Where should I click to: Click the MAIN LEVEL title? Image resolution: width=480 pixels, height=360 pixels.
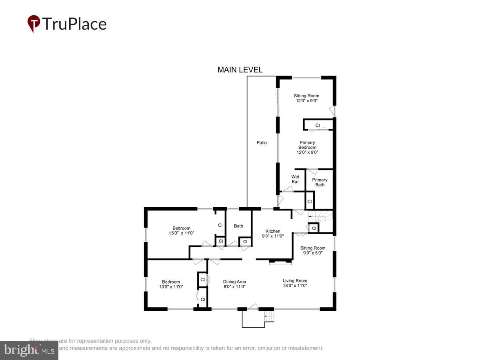[240, 70]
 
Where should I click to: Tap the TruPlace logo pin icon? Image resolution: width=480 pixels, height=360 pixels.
[34, 24]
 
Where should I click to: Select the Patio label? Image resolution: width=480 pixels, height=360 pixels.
[262, 143]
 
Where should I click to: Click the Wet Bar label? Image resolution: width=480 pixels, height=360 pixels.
[295, 179]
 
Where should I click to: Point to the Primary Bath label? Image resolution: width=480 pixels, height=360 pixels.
[320, 182]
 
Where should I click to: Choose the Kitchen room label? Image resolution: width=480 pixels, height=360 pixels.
[273, 231]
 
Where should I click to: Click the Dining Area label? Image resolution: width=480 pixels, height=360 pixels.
[234, 282]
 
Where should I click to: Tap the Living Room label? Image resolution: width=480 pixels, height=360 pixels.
[295, 281]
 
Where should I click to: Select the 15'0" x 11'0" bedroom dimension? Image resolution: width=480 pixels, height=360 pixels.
[181, 233]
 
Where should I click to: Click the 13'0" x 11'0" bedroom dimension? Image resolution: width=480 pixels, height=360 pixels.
[171, 287]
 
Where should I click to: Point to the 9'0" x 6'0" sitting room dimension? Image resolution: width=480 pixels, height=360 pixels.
[313, 253]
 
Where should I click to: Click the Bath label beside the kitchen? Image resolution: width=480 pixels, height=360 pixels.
[238, 226]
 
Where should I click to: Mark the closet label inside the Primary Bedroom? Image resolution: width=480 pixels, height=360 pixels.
[318, 126]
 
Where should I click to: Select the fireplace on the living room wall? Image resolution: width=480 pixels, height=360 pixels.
[280, 262]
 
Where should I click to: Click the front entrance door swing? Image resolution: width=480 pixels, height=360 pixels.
[252, 307]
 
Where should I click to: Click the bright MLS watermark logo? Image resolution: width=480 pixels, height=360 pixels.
[29, 350]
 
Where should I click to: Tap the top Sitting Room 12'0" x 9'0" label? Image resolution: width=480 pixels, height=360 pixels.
[306, 98]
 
